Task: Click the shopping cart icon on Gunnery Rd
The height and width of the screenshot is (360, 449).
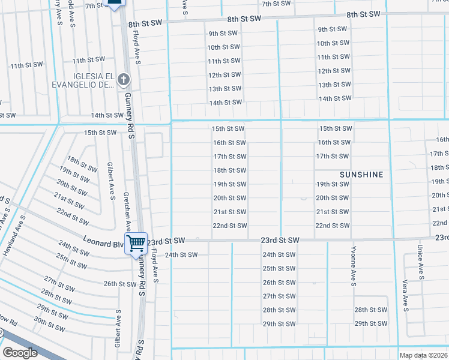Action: click(136, 242)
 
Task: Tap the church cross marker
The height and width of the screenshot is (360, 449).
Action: click(123, 79)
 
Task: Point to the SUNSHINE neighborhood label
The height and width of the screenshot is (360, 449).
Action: click(361, 174)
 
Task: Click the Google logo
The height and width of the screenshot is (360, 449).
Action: click(20, 353)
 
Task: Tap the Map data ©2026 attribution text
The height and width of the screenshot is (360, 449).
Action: click(424, 355)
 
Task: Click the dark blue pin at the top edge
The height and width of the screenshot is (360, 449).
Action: click(113, 4)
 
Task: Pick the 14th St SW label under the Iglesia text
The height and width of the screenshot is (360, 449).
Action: click(107, 115)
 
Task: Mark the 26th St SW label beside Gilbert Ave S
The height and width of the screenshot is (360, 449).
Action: click(120, 284)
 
